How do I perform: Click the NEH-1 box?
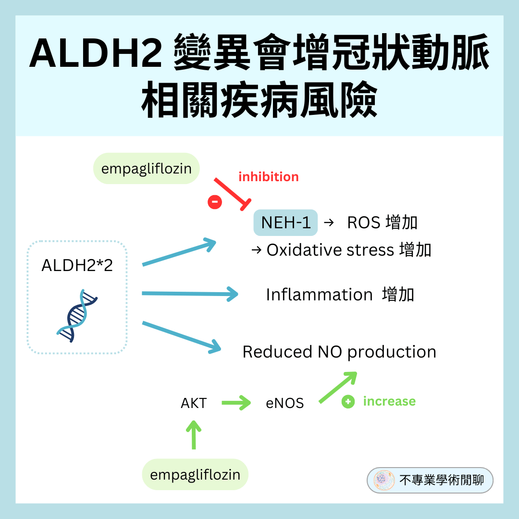tap(285, 222)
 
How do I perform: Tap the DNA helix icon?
tap(77, 315)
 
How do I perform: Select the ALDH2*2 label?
tap(77, 265)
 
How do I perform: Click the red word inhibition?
tap(268, 177)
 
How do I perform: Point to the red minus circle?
tap(215, 202)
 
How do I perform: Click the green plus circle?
tap(348, 402)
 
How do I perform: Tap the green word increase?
tap(389, 401)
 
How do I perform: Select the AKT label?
tap(194, 403)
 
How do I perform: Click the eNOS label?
tap(285, 403)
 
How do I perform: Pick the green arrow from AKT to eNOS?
tap(236, 403)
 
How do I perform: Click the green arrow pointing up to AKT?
tap(194, 434)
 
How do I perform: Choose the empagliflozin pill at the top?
tap(146, 169)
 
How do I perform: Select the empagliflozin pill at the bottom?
tap(195, 475)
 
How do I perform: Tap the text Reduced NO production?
tap(339, 352)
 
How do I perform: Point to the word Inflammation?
tap(319, 295)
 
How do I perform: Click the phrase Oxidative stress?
tap(330, 250)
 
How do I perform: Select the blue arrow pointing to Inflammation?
tap(190, 294)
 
